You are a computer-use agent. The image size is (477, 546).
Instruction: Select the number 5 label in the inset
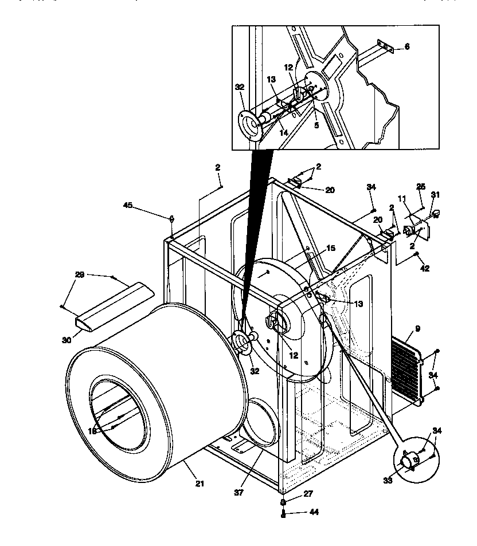(316, 125)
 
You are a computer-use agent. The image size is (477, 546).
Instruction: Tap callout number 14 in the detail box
(283, 132)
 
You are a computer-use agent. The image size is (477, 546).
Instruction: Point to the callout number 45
(128, 204)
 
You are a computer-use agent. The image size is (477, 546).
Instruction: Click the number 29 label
(80, 275)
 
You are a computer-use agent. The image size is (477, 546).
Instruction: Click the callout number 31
(436, 195)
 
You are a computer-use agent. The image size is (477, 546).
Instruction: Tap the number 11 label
(402, 198)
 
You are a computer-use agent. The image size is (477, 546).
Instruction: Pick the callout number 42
(425, 268)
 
